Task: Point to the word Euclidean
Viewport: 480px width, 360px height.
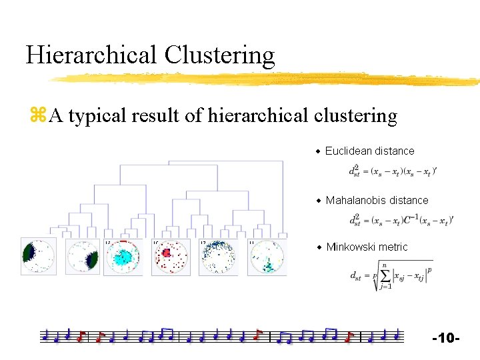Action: pos(349,151)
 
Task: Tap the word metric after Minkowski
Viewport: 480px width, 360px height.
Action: pos(394,247)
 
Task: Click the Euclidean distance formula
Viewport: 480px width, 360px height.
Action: pos(393,171)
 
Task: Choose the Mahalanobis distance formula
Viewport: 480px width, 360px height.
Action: pos(401,220)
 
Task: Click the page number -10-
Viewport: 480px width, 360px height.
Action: pos(446,339)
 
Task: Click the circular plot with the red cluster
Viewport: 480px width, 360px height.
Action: pos(171,257)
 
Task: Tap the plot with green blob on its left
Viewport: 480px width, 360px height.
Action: pos(37,256)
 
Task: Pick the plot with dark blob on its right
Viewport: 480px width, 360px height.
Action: pos(83,257)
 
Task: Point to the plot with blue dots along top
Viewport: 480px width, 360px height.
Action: pos(218,257)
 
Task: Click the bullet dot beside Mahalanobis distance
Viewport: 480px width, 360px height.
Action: pos(319,201)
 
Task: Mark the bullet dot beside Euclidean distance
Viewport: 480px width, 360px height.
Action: pos(319,151)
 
